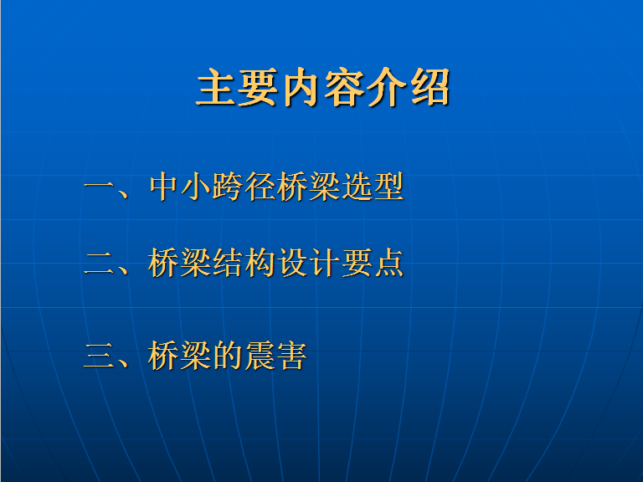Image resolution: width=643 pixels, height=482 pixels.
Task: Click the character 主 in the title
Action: [217, 87]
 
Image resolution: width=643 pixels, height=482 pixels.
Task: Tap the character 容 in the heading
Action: [344, 87]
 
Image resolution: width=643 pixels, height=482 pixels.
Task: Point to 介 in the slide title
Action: [387, 87]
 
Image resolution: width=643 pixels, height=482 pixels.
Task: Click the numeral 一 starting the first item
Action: [99, 187]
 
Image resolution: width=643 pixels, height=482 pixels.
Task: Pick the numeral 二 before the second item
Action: [99, 263]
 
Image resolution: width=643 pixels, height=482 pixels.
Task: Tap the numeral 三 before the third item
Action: [99, 356]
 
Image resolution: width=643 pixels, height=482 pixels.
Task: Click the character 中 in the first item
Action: [163, 187]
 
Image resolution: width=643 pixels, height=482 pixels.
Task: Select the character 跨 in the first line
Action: [228, 187]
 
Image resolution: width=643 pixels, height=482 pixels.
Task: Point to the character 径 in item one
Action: [260, 187]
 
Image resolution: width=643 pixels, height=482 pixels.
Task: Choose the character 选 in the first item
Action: [357, 187]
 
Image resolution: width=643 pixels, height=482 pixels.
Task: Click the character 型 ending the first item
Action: [388, 187]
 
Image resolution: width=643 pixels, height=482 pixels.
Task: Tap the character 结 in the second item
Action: [228, 263]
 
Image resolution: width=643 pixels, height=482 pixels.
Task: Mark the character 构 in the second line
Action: [260, 263]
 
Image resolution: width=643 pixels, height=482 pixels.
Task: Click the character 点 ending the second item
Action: [388, 263]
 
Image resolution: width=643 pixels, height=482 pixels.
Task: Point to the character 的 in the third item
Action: [228, 356]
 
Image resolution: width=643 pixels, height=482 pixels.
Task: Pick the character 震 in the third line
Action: [260, 356]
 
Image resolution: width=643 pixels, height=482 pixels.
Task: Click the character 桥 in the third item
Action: [163, 356]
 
